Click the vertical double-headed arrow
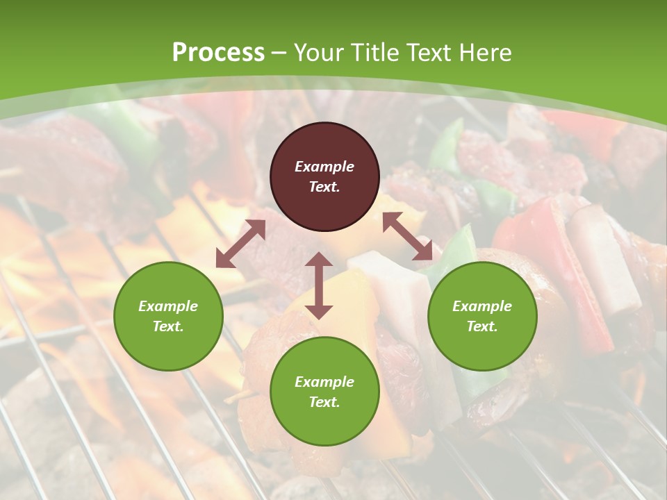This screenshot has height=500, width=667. (319, 285)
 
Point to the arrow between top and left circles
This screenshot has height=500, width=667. (240, 244)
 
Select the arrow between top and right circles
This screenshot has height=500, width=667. (407, 236)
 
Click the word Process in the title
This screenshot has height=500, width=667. (218, 52)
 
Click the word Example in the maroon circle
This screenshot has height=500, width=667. (324, 167)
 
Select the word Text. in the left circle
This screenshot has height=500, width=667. (168, 326)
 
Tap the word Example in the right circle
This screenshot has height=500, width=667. (482, 306)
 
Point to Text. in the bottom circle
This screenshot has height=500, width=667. (324, 402)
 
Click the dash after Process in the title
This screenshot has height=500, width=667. (279, 53)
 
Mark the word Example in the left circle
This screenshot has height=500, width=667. (168, 306)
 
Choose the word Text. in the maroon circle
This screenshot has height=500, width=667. (324, 187)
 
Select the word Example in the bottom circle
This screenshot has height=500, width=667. (324, 382)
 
